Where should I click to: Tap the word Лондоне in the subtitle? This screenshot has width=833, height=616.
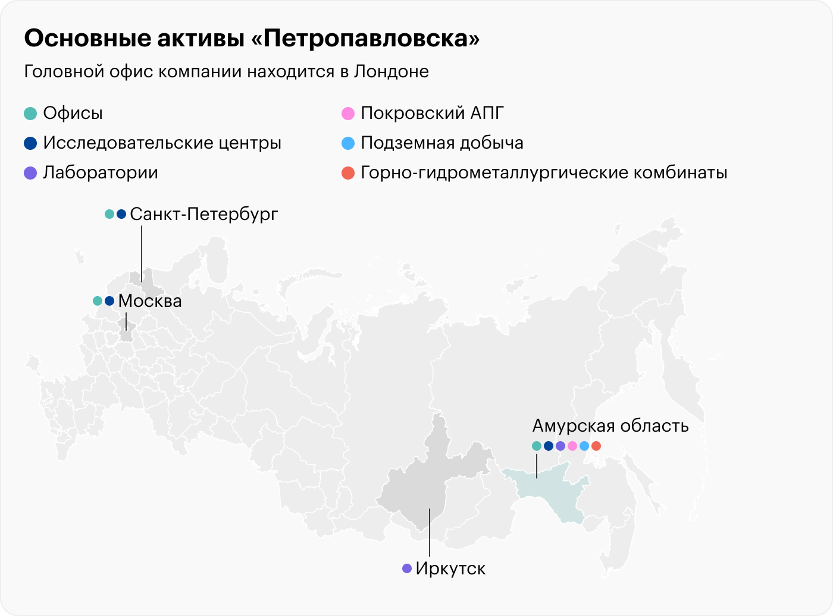pos(391,71)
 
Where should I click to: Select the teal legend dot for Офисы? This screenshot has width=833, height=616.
pos(31,114)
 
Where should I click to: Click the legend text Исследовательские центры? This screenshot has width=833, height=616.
pos(162,143)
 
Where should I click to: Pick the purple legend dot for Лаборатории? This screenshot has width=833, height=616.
pos(31,173)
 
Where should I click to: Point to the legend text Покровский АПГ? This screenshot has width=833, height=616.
pos(432,114)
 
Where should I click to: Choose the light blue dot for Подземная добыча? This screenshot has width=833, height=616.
pos(348,143)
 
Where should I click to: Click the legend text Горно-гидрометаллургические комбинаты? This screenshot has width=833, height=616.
pos(544,173)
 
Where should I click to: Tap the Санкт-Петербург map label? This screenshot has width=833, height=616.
pos(203,214)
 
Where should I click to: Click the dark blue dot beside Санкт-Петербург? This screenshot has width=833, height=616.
pos(121,214)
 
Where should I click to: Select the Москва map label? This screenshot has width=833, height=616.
pos(150,301)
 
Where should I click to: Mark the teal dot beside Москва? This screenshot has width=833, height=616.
pos(98,301)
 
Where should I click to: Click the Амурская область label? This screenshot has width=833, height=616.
pos(610,426)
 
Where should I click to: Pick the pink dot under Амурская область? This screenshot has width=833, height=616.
pos(572,446)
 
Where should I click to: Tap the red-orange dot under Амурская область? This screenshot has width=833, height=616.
pos(596,446)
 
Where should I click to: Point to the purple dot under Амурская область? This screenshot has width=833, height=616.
pos(560,446)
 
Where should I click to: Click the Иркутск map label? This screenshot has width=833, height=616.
pos(450,568)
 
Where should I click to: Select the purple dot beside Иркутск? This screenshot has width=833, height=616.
pos(407,568)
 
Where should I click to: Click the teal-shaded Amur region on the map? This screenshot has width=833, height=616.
pos(550,494)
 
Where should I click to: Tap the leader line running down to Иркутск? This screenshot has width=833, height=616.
pos(430,535)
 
